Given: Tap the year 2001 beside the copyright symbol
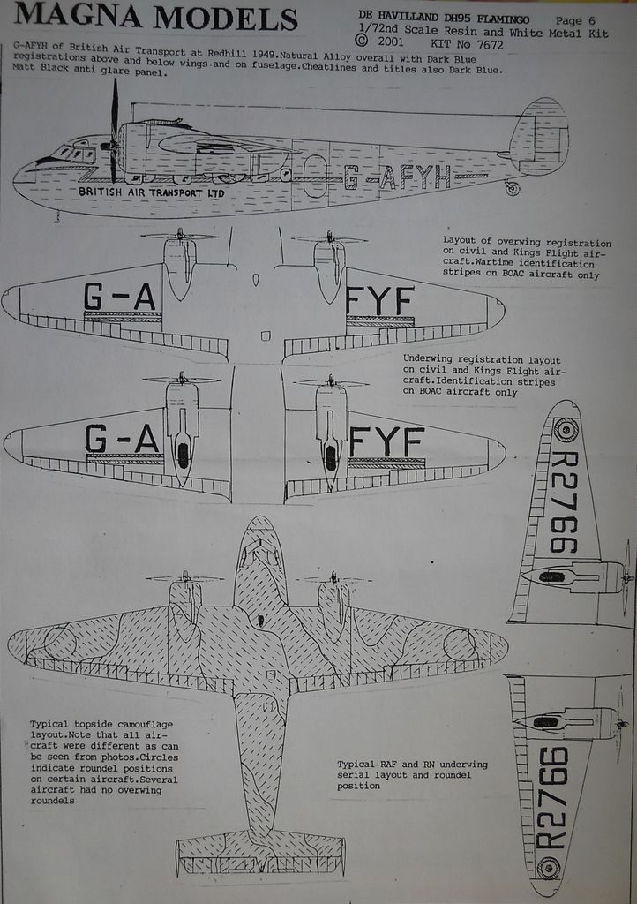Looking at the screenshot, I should [x=392, y=41].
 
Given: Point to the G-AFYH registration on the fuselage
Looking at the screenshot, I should [x=397, y=177].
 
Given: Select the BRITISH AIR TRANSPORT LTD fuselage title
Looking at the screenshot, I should [x=152, y=192].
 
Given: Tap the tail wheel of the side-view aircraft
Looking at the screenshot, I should [x=513, y=188].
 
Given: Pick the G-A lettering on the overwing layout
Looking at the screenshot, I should [x=120, y=297].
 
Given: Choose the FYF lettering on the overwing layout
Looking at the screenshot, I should [x=379, y=301].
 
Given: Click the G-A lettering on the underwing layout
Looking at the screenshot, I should [x=122, y=439].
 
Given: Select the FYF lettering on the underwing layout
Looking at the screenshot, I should [x=386, y=441].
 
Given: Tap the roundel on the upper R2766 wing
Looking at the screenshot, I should [x=566, y=430].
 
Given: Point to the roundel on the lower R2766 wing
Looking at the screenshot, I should [x=549, y=868].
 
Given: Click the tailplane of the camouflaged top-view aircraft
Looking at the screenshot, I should [x=259, y=852].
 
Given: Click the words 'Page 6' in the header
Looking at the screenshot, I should [x=575, y=20].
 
